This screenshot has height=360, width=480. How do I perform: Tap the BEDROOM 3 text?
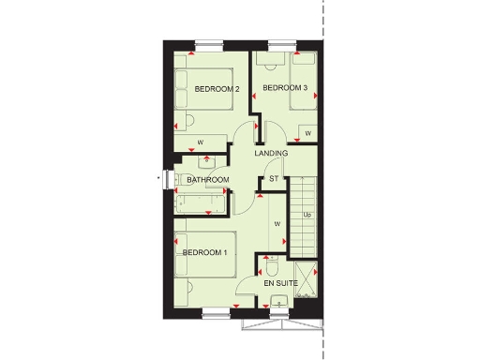[285, 88]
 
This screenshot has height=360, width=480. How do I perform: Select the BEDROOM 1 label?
[204, 252]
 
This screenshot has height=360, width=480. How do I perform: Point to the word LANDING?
[270, 154]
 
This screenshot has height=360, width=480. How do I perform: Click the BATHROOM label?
[207, 179]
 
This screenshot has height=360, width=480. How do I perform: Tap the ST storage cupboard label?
[275, 178]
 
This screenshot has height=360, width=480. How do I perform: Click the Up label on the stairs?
[307, 215]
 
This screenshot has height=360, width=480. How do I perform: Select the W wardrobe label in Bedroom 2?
[201, 142]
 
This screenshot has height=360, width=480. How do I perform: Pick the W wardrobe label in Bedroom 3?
[308, 133]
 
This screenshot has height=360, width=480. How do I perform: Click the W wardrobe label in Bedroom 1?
[277, 224]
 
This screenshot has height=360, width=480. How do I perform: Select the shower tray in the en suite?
[306, 281]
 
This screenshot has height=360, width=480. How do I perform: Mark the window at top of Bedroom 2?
[210, 43]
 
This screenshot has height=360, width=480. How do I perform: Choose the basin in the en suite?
[279, 302]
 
